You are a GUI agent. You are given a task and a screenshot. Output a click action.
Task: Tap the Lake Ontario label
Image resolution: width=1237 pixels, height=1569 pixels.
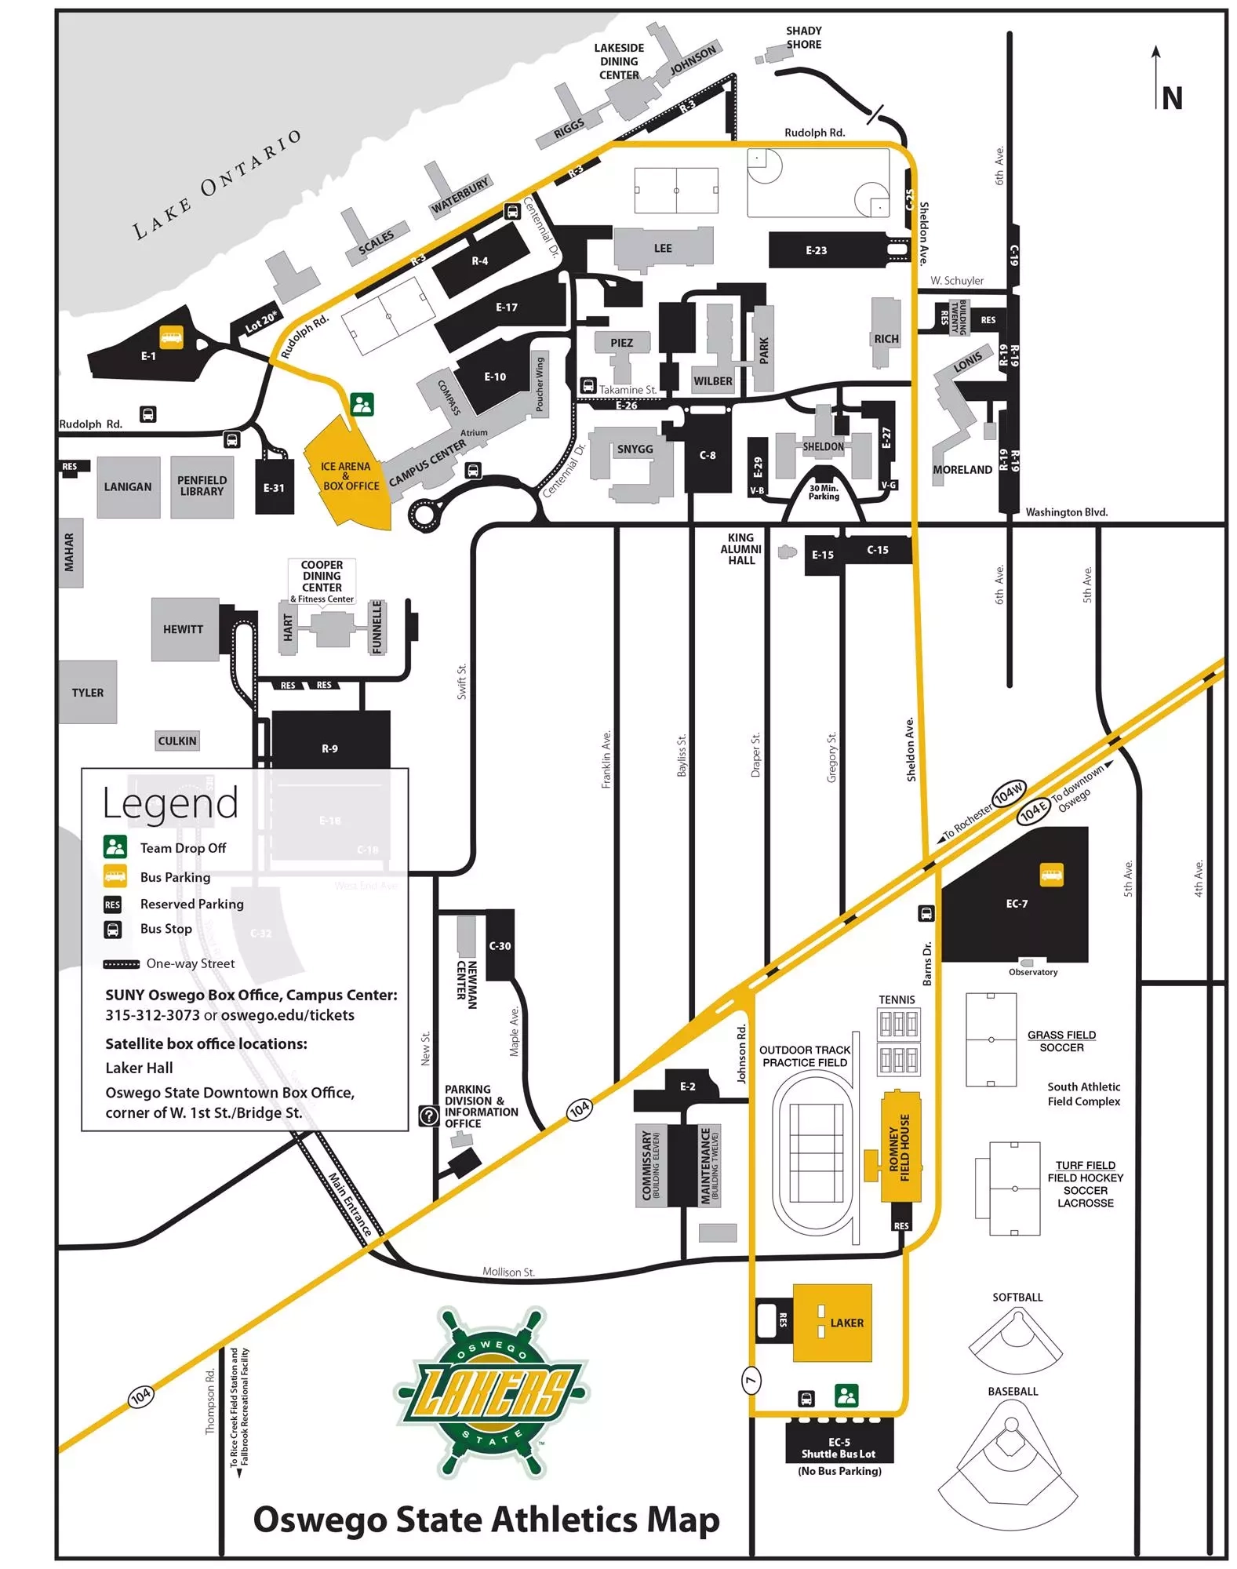click(216, 185)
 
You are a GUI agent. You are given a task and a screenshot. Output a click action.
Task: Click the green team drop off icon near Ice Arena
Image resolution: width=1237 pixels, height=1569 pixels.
click(362, 405)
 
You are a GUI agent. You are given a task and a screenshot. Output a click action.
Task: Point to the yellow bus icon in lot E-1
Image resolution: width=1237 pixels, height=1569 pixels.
click(171, 337)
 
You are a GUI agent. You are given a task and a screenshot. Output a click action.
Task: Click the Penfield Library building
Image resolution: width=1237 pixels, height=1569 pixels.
click(202, 486)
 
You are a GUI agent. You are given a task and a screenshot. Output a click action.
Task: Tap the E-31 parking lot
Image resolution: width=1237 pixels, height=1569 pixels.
click(274, 487)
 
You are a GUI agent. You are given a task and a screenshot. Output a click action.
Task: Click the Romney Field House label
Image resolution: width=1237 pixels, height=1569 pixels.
click(900, 1148)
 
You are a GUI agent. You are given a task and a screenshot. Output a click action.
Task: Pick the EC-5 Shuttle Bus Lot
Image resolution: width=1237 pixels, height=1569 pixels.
click(839, 1447)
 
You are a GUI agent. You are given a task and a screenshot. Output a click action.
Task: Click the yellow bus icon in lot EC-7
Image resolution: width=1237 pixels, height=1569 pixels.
click(1050, 874)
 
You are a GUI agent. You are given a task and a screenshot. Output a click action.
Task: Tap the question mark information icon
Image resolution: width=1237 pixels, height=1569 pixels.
click(428, 1115)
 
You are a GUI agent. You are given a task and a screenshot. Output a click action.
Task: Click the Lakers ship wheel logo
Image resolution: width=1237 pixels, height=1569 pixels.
click(492, 1392)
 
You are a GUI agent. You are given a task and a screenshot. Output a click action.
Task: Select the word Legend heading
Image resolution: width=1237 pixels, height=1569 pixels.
click(170, 803)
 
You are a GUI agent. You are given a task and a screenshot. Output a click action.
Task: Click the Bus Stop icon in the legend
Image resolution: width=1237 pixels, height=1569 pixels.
click(113, 929)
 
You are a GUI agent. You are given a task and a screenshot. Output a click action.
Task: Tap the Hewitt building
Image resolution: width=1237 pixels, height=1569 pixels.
click(184, 629)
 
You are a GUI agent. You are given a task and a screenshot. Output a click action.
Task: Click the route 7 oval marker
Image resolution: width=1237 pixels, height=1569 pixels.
click(751, 1380)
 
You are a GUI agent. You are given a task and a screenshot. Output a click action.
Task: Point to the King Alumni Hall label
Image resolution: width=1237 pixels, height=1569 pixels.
click(740, 549)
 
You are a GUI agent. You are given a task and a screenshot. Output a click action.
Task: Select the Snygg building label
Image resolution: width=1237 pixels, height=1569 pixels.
click(635, 450)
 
